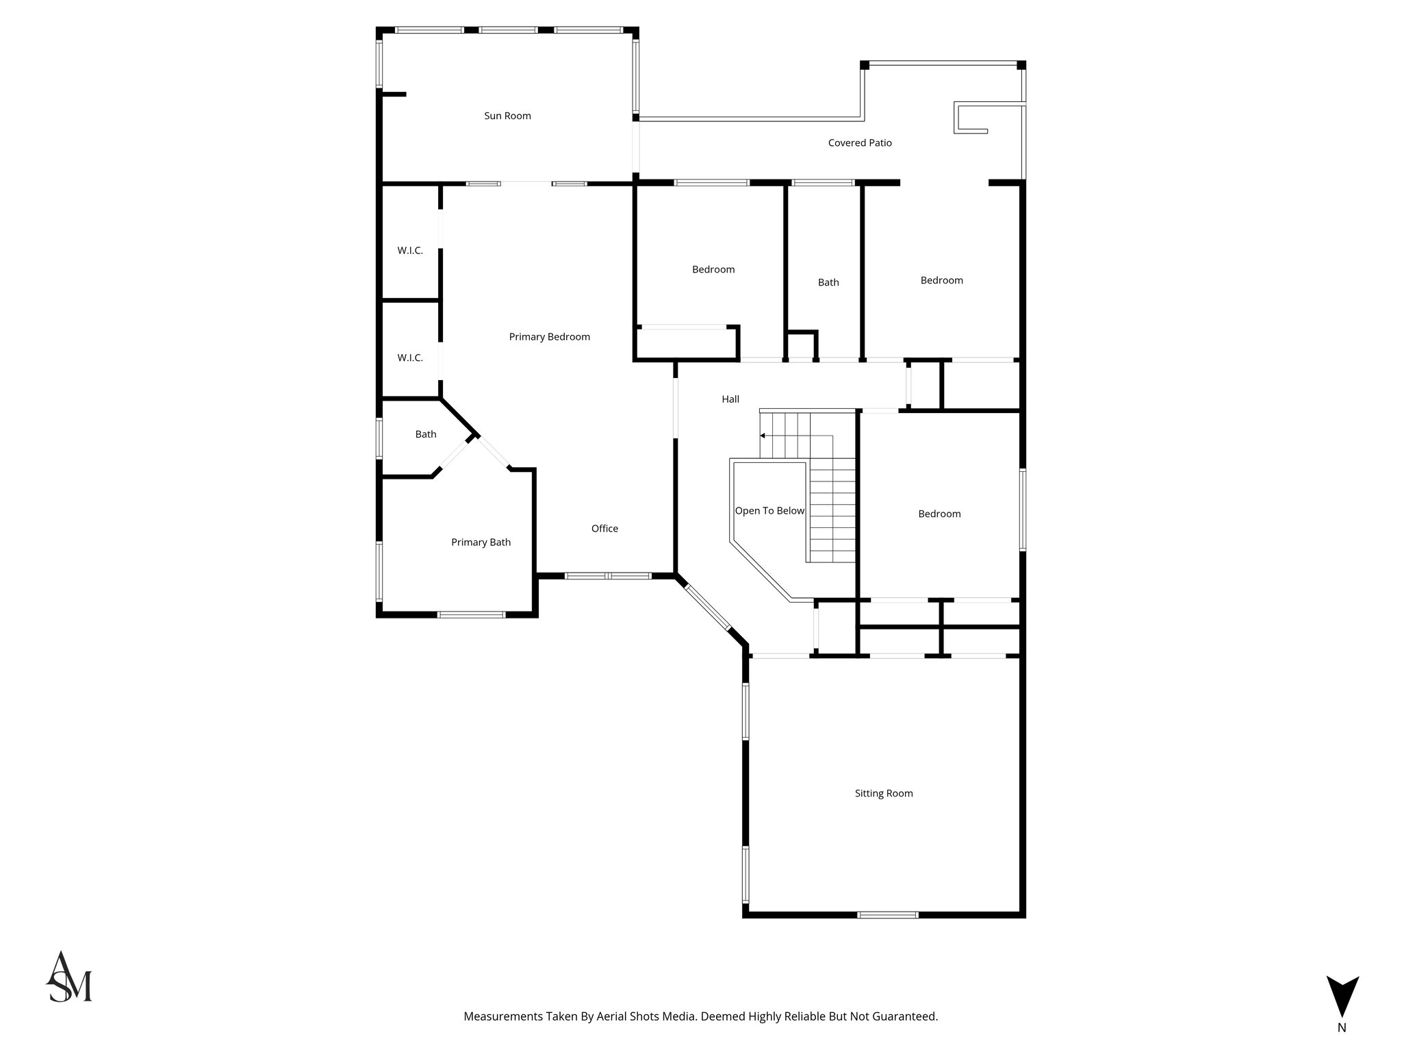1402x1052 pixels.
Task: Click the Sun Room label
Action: [x=507, y=116]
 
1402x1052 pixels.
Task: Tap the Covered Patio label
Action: [x=860, y=143]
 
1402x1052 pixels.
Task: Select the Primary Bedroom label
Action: [x=549, y=337]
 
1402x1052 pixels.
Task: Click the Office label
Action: [x=604, y=529]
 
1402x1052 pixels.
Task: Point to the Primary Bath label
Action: [x=481, y=542]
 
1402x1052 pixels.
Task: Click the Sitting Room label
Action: [x=883, y=794]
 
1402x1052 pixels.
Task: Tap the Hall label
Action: [x=730, y=399]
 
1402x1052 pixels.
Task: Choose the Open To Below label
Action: [x=769, y=511]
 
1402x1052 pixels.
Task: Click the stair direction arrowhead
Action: [x=763, y=436]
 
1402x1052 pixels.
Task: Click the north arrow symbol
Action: [x=1342, y=1004]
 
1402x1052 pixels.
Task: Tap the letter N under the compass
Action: [x=1342, y=1047]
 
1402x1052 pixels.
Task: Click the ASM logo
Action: [x=68, y=977]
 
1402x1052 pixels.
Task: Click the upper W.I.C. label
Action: [x=410, y=251]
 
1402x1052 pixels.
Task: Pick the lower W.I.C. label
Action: [x=410, y=358]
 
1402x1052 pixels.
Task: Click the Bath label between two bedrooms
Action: [x=828, y=282]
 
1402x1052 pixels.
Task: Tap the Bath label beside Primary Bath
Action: [x=426, y=434]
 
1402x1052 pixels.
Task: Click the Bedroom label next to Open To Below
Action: [x=939, y=514]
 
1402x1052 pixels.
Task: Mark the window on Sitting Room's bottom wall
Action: [x=888, y=914]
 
